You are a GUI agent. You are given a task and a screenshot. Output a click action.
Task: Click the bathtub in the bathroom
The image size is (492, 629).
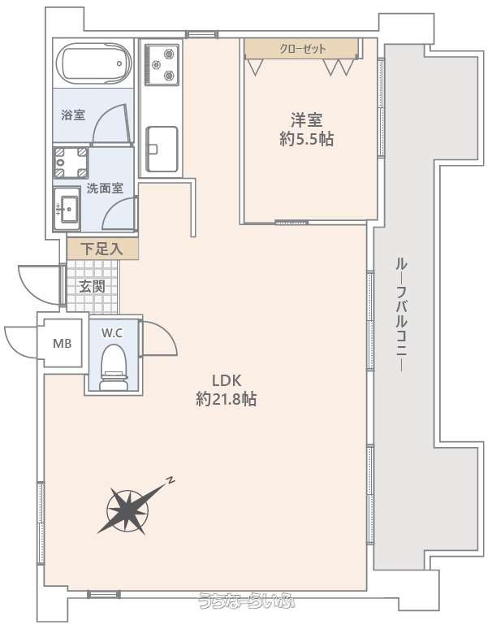94,63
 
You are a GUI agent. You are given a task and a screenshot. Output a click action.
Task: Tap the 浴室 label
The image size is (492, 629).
73,115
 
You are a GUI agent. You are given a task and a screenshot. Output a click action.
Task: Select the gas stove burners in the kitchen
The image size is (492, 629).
162,64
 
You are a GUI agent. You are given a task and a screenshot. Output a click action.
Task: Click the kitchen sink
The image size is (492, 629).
162,149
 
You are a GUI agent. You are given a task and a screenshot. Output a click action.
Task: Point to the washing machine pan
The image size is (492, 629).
71,163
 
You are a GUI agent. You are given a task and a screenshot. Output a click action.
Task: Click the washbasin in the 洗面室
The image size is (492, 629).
67,209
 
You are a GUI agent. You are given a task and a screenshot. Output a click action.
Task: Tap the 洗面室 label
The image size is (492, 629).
105,188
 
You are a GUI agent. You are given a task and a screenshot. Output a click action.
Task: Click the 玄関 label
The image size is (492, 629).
93,286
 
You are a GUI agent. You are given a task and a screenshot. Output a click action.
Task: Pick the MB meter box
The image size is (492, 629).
63,344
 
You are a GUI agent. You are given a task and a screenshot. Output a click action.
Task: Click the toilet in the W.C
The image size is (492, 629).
114,367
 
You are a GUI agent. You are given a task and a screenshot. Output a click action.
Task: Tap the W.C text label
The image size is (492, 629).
112,333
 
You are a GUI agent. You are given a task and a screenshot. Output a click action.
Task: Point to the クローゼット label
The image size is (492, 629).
303,49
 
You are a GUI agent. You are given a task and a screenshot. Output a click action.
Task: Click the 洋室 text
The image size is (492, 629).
307,120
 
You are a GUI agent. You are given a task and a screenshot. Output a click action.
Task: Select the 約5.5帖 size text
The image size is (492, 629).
307,139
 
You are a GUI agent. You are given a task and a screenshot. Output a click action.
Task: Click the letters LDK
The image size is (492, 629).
227,380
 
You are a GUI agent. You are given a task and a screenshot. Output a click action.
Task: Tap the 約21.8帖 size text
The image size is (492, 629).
227,399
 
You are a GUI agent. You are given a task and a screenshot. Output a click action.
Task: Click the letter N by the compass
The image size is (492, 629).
171,479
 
